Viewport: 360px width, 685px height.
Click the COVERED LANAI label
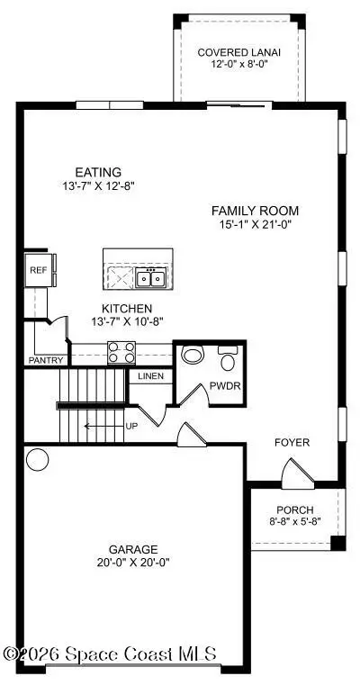pos(238,52)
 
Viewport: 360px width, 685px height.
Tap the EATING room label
pos(100,172)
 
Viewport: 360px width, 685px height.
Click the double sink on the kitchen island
pos(150,278)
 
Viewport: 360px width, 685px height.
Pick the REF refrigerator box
pos(38,269)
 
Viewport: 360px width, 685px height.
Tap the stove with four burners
pos(121,352)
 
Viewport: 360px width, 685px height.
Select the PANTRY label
pos(46,360)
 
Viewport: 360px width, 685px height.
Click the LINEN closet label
pos(151,375)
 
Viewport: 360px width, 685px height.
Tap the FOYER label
pos(292,442)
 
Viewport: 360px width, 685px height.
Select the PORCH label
pos(294,509)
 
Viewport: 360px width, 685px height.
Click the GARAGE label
pos(132,548)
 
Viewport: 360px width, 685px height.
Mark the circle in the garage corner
pos(37,460)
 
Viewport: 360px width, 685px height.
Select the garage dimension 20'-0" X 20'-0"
pos(132,562)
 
